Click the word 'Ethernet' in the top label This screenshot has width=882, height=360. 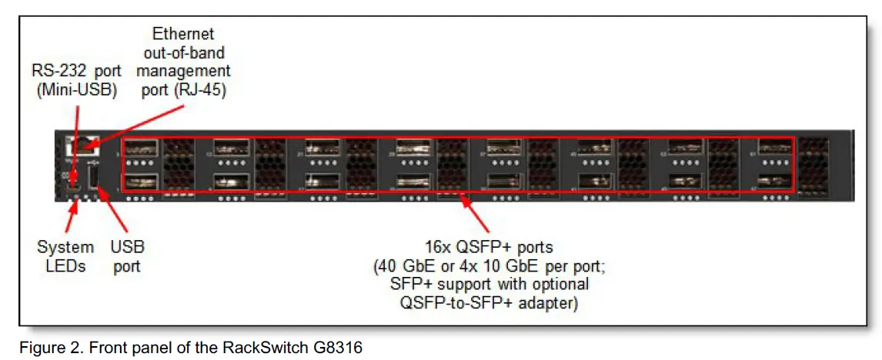tap(183, 34)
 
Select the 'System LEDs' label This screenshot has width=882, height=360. tap(65, 257)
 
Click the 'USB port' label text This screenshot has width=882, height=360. tap(128, 257)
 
